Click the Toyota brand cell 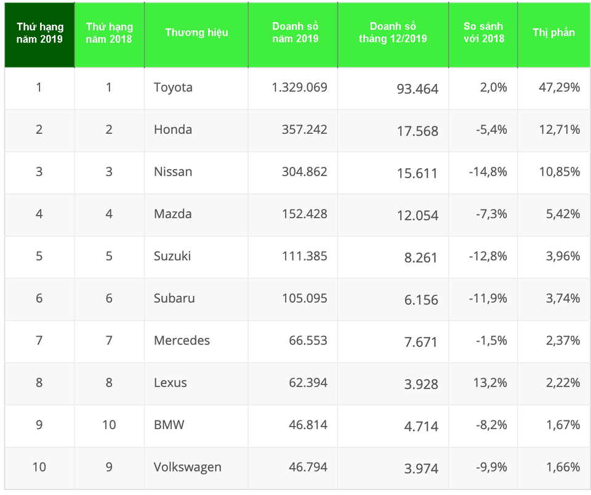tap(173, 88)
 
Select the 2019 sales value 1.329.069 tap(299, 88)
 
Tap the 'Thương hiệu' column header tap(196, 33)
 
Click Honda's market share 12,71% tap(560, 129)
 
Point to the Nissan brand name tap(173, 172)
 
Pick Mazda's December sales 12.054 tap(417, 216)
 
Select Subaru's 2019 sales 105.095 tap(304, 298)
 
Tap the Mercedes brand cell tap(182, 340)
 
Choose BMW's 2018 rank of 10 tap(109, 425)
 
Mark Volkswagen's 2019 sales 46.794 tap(308, 467)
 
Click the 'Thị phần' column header tap(553, 33)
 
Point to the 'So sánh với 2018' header tap(483, 33)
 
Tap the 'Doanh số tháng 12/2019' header tap(393, 33)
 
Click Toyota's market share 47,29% tap(560, 88)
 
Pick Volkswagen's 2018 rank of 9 tap(109, 467)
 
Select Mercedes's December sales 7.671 tap(421, 342)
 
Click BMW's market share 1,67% tap(563, 425)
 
